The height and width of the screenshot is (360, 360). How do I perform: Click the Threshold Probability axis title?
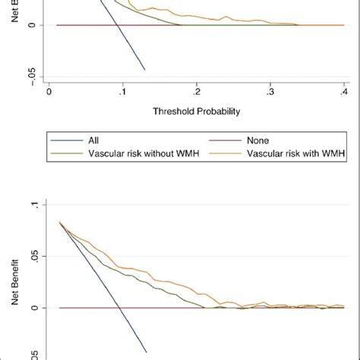pos(196,111)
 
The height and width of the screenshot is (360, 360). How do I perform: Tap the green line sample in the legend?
pos(67,154)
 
